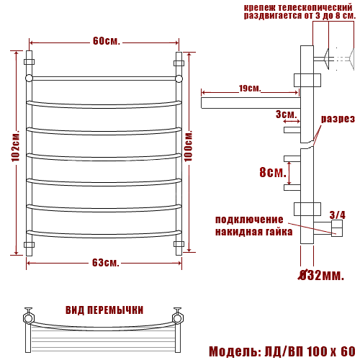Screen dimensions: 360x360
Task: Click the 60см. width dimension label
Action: click(107, 41)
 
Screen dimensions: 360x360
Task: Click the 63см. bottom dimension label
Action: click(106, 263)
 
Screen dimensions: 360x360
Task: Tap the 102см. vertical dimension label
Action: click(16, 146)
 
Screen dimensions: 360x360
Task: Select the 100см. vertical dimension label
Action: click(189, 146)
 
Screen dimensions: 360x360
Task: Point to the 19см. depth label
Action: click(250, 89)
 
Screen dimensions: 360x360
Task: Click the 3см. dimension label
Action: click(287, 114)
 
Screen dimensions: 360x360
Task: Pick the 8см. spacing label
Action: click(273, 172)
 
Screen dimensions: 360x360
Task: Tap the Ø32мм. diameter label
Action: click(321, 275)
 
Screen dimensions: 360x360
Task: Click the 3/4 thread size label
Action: click(338, 215)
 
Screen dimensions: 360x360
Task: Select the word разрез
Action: click(338, 119)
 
